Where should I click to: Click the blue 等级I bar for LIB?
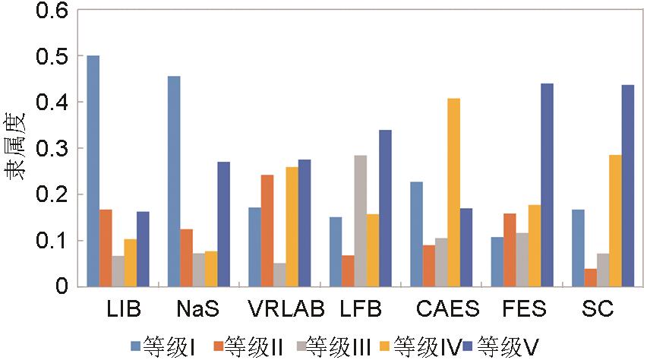93,171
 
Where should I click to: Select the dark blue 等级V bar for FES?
547,185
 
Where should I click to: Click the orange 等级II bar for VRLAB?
267,231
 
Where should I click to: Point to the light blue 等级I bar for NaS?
174,182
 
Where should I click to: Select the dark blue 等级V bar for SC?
628,186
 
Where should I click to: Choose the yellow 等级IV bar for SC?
614,221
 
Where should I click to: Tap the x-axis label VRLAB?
286,311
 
